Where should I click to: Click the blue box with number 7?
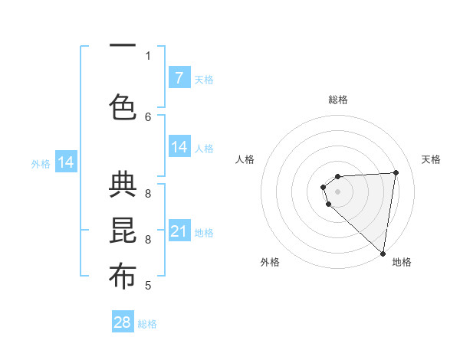coord(179,78)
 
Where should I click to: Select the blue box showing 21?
coord(179,231)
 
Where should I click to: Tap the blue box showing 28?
coord(123,322)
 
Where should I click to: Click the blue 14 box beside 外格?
coord(66,162)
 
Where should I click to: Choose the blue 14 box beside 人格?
coord(179,147)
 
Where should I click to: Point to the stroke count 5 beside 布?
coord(148,286)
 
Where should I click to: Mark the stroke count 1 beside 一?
coord(148,56)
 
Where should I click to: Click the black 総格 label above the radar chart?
coord(338,100)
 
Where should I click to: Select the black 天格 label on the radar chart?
coord(431,159)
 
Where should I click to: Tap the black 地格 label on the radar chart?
coord(402,262)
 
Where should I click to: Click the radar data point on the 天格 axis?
coord(396,172)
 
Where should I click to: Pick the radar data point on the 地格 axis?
coord(383,254)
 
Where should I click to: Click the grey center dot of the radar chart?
coord(337,191)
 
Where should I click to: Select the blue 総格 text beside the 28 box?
coord(147,324)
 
